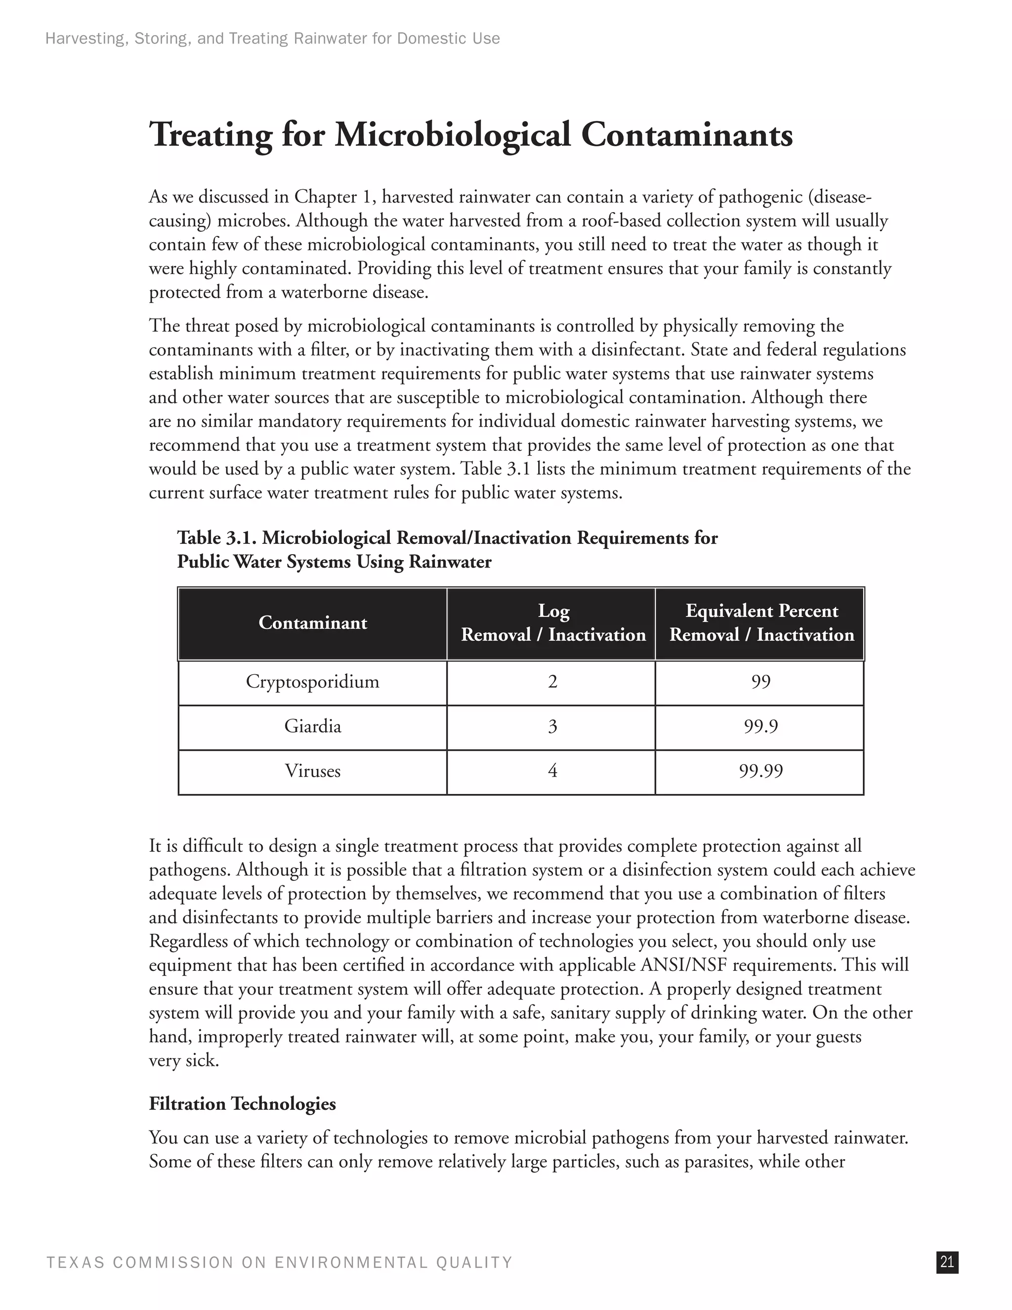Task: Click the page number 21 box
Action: [947, 1262]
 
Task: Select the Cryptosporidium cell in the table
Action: [312, 682]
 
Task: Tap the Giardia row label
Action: [312, 727]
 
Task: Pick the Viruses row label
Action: [312, 771]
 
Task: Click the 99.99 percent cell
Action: [760, 771]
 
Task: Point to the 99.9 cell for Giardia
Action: [760, 727]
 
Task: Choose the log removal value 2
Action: [552, 682]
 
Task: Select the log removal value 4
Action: [552, 771]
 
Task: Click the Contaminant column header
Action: [312, 623]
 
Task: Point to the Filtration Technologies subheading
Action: [242, 1104]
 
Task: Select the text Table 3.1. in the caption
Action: [216, 538]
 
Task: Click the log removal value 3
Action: [552, 727]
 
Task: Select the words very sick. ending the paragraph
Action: [183, 1060]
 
